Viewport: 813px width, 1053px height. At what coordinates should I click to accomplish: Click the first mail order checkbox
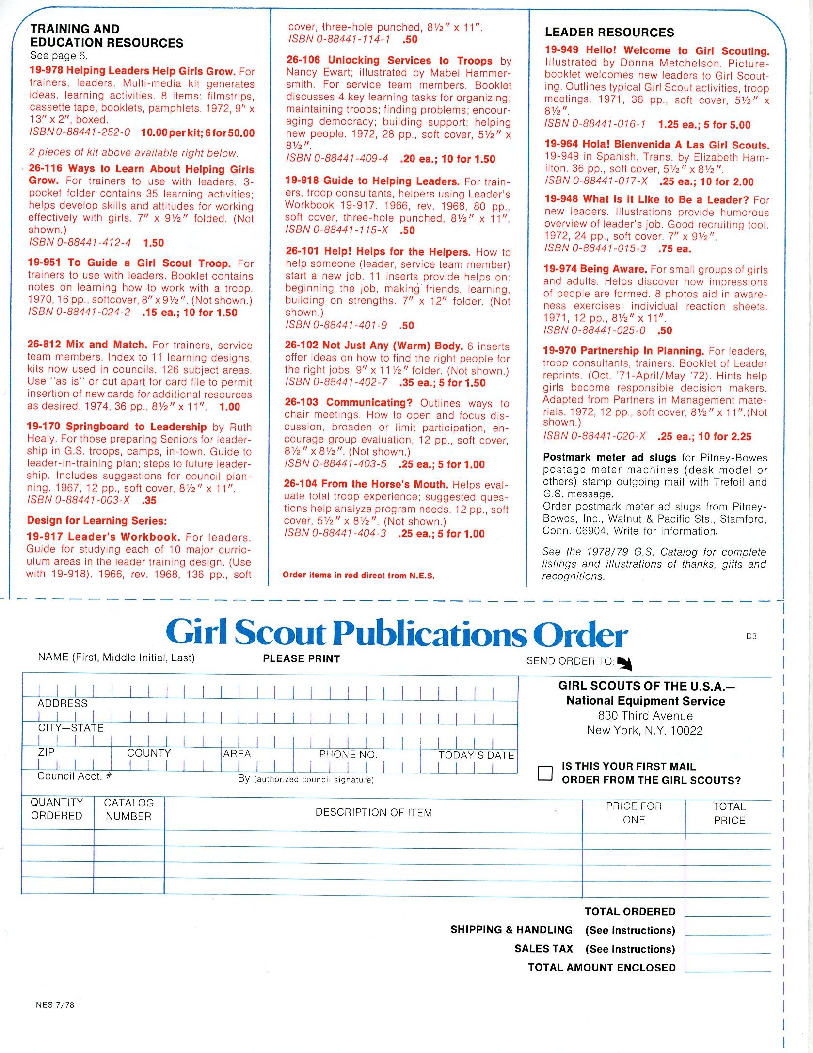pos(545,773)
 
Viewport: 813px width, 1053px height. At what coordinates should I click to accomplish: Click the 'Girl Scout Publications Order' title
pos(397,634)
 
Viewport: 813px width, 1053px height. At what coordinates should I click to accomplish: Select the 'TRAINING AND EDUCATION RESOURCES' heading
pos(107,36)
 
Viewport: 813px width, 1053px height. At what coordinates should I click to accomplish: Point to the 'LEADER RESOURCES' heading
pos(609,33)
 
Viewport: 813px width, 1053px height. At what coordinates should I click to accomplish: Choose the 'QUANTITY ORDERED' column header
pos(57,809)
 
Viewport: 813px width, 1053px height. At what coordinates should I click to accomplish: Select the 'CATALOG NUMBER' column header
pos(128,809)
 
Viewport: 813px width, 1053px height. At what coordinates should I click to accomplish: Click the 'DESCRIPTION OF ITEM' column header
pos(373,812)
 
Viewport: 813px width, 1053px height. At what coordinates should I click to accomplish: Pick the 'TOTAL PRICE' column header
pos(729,813)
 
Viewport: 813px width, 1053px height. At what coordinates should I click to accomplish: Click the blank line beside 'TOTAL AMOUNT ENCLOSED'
pos(728,967)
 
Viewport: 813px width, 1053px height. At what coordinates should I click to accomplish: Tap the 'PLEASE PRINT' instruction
pos(301,658)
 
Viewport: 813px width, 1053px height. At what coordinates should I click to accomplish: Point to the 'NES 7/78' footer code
pos(55,1004)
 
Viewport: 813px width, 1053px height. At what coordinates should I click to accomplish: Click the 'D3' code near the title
pos(751,636)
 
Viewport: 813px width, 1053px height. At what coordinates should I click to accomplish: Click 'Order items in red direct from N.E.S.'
pos(359,575)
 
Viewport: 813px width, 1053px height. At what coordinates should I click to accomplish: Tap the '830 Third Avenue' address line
pos(645,715)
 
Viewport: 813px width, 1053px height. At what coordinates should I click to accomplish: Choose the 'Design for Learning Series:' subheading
pos(97,521)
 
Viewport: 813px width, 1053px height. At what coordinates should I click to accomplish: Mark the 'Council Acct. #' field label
pos(74,776)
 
